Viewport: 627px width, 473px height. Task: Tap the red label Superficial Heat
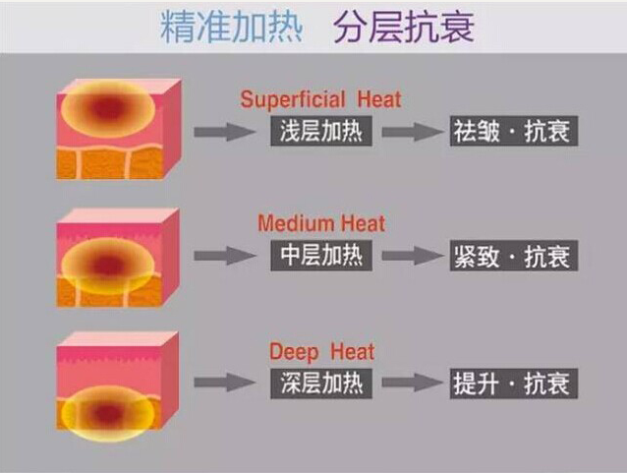point(321,100)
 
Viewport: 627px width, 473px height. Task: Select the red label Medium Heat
point(321,224)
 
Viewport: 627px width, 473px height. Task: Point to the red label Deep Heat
point(321,351)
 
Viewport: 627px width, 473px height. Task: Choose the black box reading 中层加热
point(321,256)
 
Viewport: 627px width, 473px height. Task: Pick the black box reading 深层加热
point(321,382)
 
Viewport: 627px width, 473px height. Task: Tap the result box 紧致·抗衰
point(511,256)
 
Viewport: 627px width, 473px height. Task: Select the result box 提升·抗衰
point(511,382)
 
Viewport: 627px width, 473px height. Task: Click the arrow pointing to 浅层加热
point(225,132)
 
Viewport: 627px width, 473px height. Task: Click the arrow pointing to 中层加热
point(225,257)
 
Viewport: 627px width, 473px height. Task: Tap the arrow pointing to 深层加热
point(225,383)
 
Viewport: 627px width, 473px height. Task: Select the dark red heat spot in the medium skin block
point(108,264)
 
